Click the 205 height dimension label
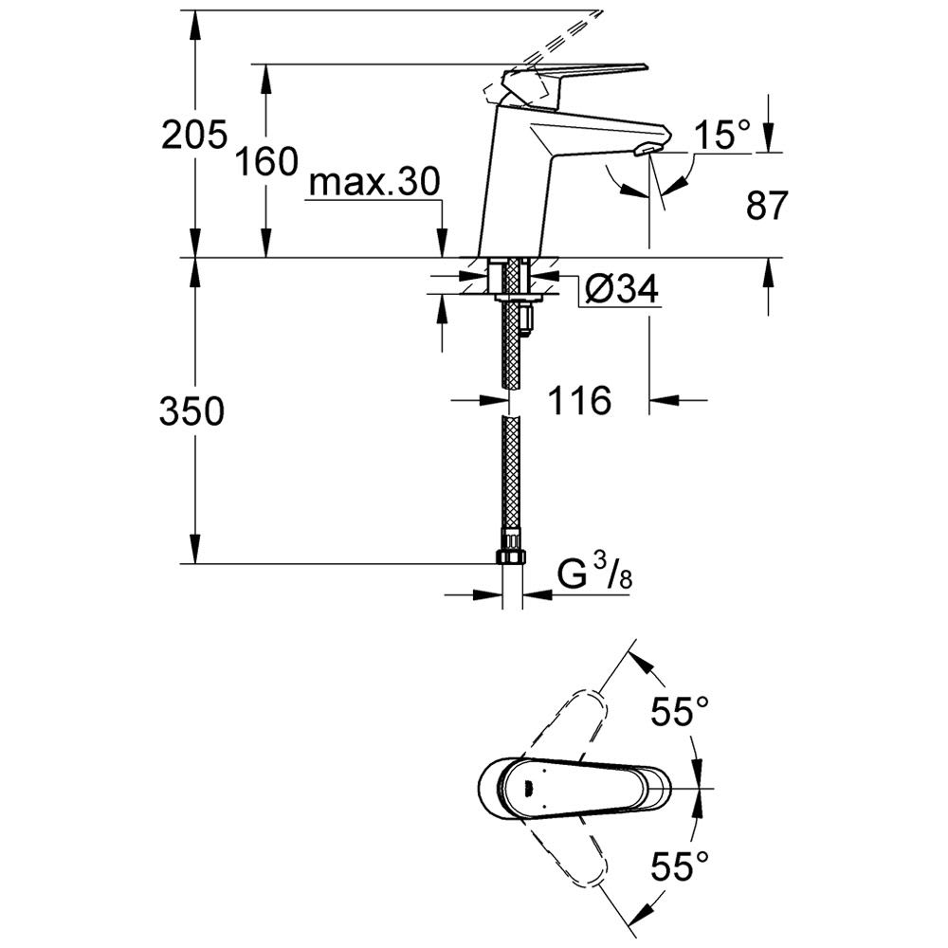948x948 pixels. (x=194, y=134)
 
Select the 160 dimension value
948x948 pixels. (x=266, y=161)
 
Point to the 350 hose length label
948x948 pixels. (x=191, y=411)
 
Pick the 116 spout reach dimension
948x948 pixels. (x=579, y=400)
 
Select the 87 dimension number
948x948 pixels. (x=767, y=205)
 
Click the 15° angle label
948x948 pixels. (x=722, y=135)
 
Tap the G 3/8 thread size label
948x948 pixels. (x=594, y=574)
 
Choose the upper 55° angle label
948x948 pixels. (x=679, y=710)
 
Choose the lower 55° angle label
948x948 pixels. (x=679, y=866)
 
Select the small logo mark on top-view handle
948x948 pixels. (x=528, y=788)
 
